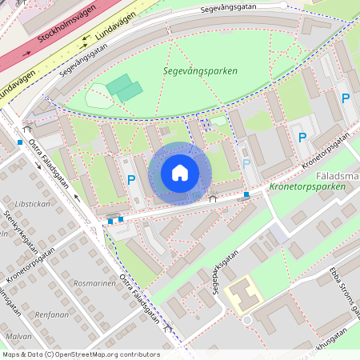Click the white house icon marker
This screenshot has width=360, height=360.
click(x=180, y=173)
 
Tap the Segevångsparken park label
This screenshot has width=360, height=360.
click(x=200, y=71)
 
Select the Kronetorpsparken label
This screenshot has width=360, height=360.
click(x=308, y=186)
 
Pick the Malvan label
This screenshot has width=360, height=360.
click(x=18, y=337)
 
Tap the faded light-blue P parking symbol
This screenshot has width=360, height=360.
click(x=247, y=164)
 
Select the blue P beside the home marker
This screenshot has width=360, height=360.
click(x=131, y=180)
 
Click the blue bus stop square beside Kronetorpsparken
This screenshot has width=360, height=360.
click(x=246, y=194)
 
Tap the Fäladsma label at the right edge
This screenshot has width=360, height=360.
click(x=338, y=173)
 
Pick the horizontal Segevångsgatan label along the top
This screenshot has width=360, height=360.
click(x=231, y=10)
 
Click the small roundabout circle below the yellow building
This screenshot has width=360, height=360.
click(x=246, y=320)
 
